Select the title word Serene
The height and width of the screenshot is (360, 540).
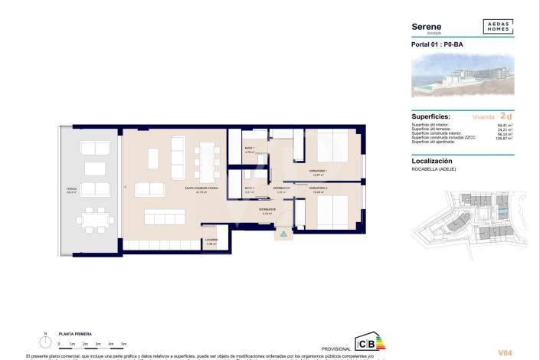tap(427, 26)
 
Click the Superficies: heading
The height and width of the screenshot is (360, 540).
tap(435, 116)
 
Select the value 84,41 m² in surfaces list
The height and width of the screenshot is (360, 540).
tap(505, 124)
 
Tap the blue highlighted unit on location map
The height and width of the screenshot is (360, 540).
tap(502, 211)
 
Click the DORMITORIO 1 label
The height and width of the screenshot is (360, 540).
tap(318, 171)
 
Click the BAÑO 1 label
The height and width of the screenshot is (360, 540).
tap(249, 149)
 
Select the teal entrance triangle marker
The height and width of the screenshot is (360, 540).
tap(283, 232)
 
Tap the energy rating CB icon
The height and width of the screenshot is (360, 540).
tap(364, 342)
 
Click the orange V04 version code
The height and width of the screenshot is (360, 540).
tap(505, 352)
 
